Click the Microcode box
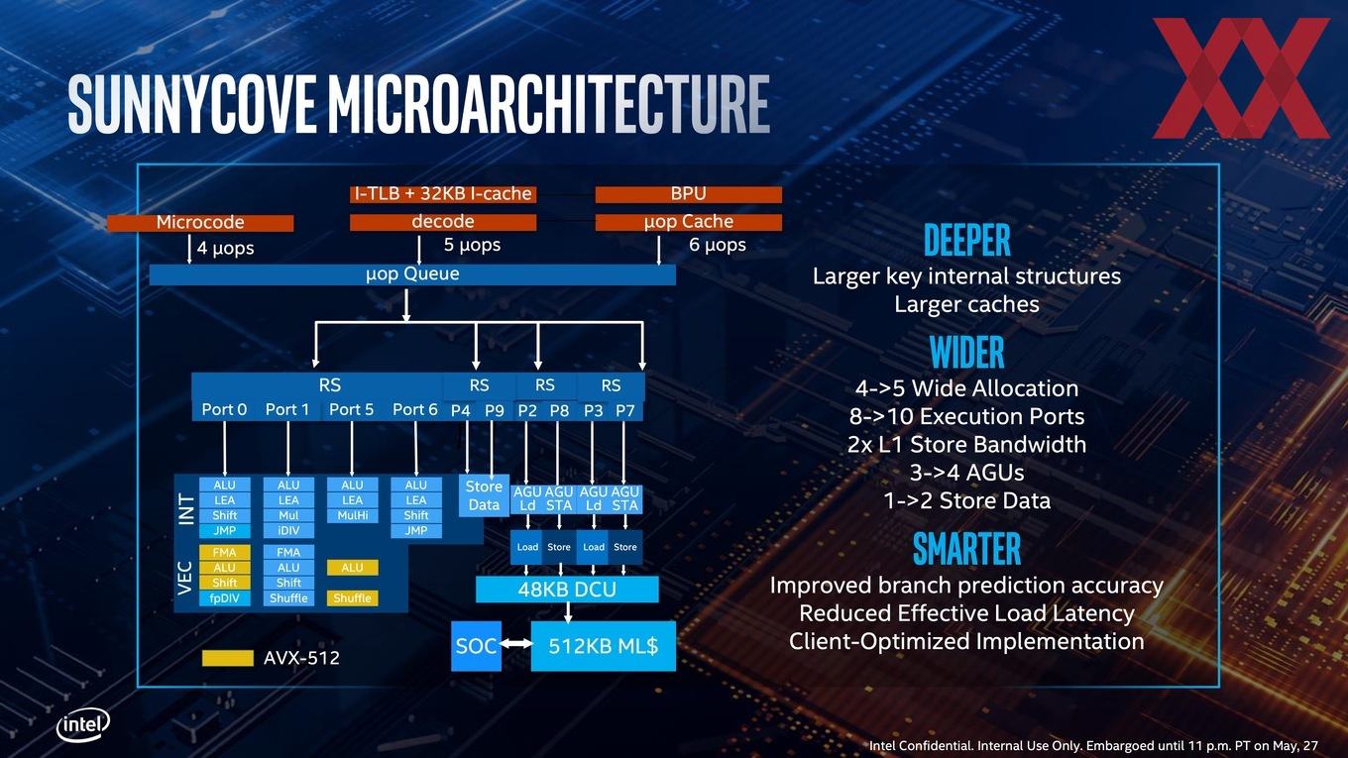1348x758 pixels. click(200, 223)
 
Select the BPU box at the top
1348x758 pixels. click(689, 194)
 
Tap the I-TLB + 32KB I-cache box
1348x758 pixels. click(443, 194)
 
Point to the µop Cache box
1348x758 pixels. click(689, 222)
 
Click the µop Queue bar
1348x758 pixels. click(412, 274)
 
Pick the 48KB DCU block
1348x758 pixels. click(567, 590)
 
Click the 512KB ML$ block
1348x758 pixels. click(603, 646)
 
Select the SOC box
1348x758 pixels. click(476, 646)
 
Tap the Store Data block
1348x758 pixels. click(484, 495)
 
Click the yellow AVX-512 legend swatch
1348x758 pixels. click(228, 658)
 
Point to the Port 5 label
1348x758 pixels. click(352, 409)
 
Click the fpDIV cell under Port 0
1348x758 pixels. click(224, 598)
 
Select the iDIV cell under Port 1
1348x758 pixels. click(288, 531)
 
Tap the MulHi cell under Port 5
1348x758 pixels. click(352, 515)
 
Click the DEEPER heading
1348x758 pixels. click(966, 240)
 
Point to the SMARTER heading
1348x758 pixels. click(966, 549)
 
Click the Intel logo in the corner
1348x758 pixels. click(83, 725)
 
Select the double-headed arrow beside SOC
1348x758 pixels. click(516, 644)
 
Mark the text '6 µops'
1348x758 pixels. click(718, 246)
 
